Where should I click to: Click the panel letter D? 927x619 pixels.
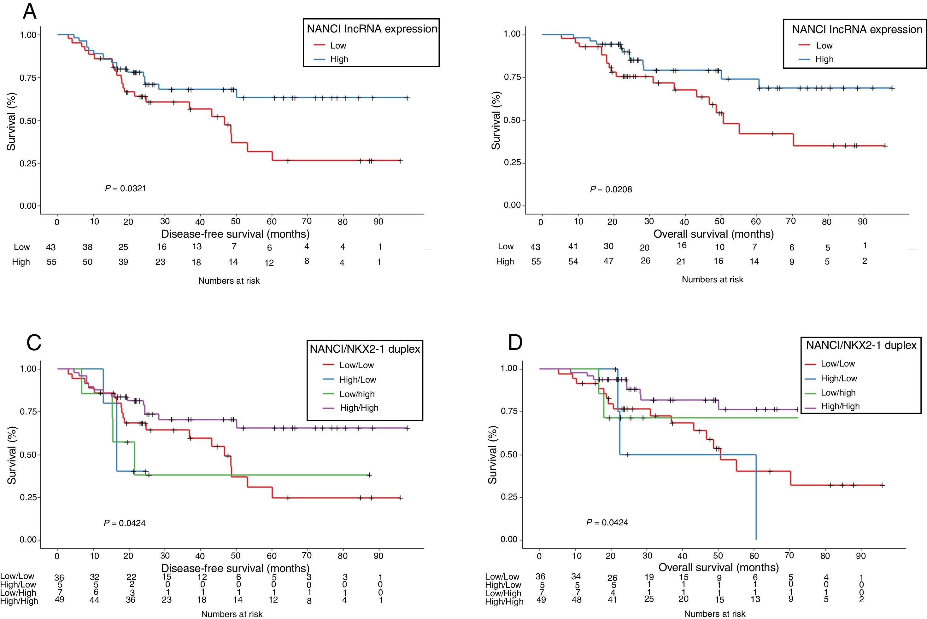[515, 342]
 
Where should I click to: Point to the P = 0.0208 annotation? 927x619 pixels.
[611, 189]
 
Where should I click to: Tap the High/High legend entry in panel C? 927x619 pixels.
[359, 408]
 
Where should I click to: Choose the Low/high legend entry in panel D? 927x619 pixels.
[838, 392]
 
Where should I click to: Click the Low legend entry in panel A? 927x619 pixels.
[338, 45]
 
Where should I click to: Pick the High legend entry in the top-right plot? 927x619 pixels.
[824, 59]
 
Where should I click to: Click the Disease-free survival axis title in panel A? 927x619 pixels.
[235, 234]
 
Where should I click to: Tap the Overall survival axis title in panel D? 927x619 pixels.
[718, 567]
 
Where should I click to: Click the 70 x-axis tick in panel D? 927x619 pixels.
[789, 555]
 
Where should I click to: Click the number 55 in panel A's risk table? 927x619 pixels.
[51, 262]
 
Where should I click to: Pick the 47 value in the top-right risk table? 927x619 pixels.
[608, 261]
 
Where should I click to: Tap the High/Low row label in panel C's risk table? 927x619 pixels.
[18, 585]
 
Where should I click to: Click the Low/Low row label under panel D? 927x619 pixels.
[502, 577]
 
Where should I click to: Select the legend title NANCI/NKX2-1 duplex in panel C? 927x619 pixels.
[365, 349]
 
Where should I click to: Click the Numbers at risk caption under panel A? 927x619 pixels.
[229, 281]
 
